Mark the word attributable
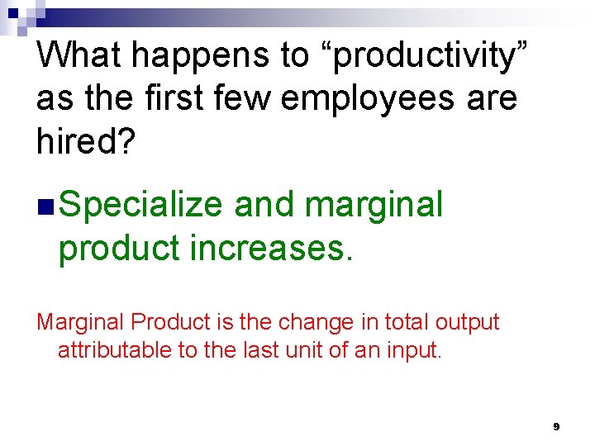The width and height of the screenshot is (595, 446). click(115, 350)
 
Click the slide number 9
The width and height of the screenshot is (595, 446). click(556, 427)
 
